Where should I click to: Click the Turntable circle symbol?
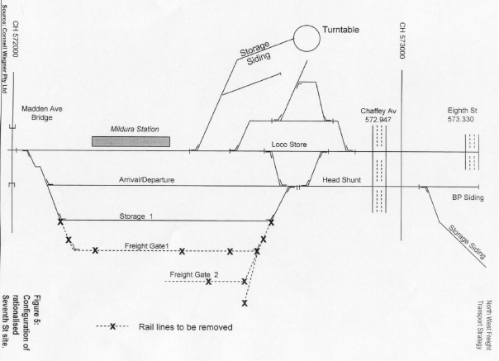[307, 38]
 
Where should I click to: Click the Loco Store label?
[289, 145]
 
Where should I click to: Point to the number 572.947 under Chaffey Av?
[380, 120]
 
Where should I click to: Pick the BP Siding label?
[468, 198]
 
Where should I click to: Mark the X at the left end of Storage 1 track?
[59, 221]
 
